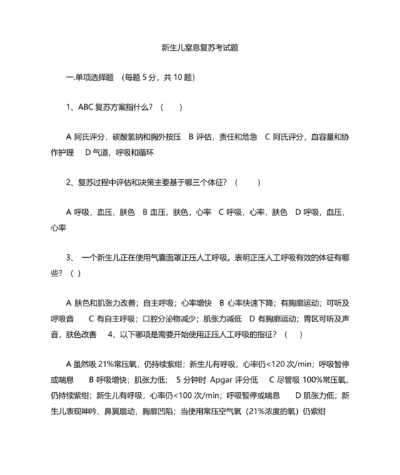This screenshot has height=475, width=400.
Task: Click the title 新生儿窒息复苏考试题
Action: (x=200, y=48)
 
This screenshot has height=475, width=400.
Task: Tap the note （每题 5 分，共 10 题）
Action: (x=159, y=77)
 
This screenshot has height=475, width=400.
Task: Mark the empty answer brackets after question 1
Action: (x=171, y=107)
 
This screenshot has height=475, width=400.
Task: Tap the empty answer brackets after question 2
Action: (x=247, y=182)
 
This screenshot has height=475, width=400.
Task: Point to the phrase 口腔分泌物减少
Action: (x=171, y=317)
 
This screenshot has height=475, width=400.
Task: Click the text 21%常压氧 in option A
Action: (x=114, y=363)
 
